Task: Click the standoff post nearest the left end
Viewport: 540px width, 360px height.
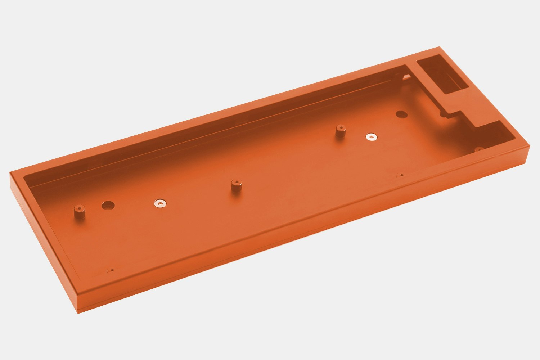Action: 79,212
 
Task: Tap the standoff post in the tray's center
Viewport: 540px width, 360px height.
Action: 236,186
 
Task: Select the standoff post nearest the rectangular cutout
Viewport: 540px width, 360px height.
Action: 340,131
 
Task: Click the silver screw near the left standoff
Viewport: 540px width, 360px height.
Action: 160,204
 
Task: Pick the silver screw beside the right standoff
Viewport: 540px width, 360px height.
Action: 372,137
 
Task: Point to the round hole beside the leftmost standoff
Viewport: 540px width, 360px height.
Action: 108,206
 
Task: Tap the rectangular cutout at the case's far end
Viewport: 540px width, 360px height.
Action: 442,76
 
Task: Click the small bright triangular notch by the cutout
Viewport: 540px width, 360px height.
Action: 406,76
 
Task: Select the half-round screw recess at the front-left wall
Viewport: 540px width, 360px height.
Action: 112,270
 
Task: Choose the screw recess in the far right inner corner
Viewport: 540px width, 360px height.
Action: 479,149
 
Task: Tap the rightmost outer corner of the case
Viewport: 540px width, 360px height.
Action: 530,145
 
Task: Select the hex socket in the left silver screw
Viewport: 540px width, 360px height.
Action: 160,204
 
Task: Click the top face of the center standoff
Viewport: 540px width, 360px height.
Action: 236,182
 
